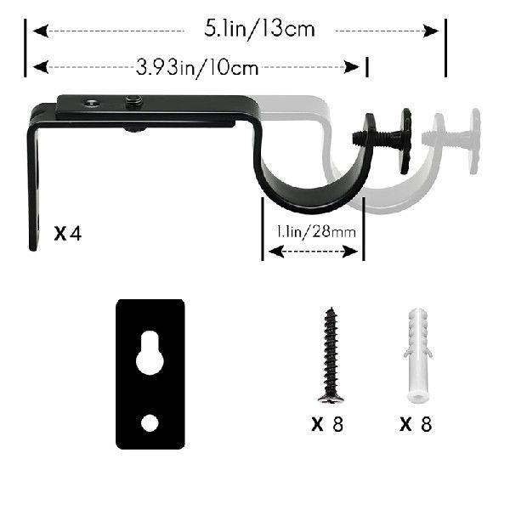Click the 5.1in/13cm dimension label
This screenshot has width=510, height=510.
pyautogui.click(x=259, y=29)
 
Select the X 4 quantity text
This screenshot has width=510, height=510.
pyautogui.click(x=68, y=233)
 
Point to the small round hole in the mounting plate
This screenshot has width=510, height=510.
pyautogui.click(x=150, y=421)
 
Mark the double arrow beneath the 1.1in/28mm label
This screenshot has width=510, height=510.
pyautogui.click(x=312, y=252)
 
